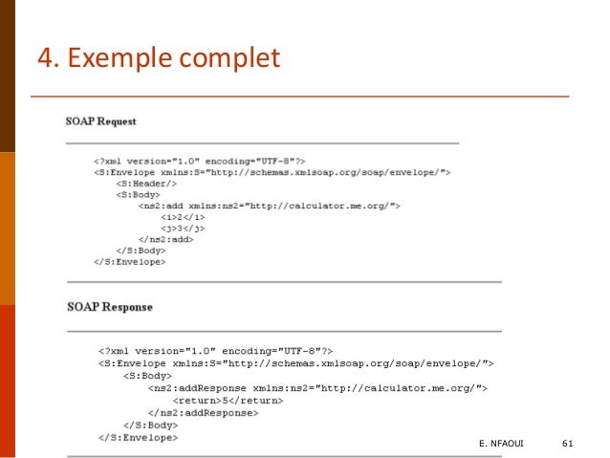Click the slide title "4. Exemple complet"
tap(158, 58)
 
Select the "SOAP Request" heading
tap(100, 121)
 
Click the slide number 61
tap(568, 444)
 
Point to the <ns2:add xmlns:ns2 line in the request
tap(269, 206)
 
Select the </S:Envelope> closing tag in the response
tap(138, 437)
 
